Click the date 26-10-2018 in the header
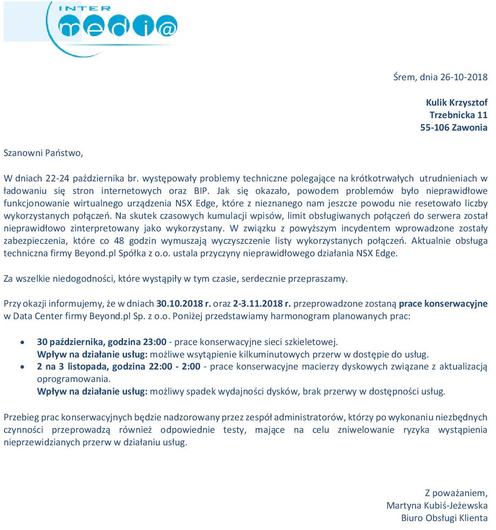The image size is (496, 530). (x=463, y=77)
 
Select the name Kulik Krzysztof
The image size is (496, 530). (x=456, y=103)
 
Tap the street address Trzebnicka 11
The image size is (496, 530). (x=458, y=115)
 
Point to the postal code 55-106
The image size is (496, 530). (x=435, y=127)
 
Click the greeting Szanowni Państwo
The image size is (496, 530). (x=43, y=153)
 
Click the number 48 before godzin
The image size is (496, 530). (x=119, y=241)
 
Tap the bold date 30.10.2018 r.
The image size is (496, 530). (x=183, y=304)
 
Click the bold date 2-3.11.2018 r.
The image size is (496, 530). (x=262, y=304)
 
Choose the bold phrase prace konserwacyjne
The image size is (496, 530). (x=443, y=304)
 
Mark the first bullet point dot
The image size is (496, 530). (x=23, y=342)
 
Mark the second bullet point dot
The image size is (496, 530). (x=23, y=367)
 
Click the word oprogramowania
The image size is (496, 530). (x=73, y=379)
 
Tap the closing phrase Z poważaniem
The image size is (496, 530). (x=455, y=493)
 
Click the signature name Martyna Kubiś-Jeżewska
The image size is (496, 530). (x=437, y=505)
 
